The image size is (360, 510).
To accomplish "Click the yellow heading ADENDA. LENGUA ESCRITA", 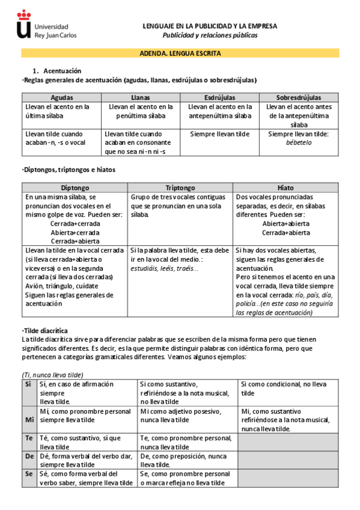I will pyautogui.click(x=180, y=54).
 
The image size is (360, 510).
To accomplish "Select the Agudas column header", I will pyautogui.click(x=61, y=97).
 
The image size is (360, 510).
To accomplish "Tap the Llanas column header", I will pyautogui.click(x=140, y=97).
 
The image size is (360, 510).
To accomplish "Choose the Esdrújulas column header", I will pyautogui.click(x=219, y=97).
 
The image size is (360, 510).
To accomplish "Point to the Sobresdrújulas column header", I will pyautogui.click(x=299, y=97).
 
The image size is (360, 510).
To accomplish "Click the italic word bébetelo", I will pyautogui.click(x=299, y=143).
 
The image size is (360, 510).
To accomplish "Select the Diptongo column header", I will pyautogui.click(x=75, y=188).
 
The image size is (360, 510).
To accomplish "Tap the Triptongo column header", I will pyautogui.click(x=180, y=188).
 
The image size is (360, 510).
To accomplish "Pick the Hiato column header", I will pyautogui.click(x=285, y=188).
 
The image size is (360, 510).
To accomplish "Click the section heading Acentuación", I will pyautogui.click(x=61, y=71).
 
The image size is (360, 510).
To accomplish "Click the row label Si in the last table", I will pyautogui.click(x=28, y=383).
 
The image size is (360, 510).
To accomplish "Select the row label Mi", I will pyautogui.click(x=28, y=420).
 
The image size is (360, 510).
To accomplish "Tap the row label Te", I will pyautogui.click(x=28, y=438).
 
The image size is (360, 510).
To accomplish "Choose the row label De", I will pyautogui.click(x=28, y=456).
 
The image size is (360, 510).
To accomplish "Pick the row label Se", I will pyautogui.click(x=28, y=475).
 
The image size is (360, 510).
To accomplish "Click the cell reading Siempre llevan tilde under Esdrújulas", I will pyautogui.click(x=219, y=134).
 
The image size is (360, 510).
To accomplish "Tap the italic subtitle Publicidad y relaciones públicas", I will pyautogui.click(x=210, y=35).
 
